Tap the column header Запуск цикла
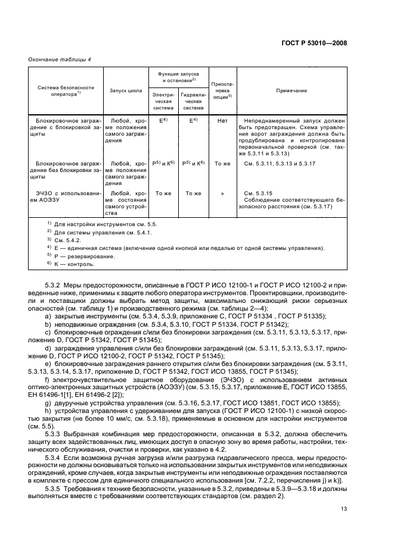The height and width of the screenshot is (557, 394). click(126, 90)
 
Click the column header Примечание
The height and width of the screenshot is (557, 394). click(291, 90)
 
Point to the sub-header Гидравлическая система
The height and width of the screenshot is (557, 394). click(193, 101)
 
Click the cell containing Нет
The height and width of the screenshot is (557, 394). click(222, 120)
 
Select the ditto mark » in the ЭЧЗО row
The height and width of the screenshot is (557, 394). click(222, 193)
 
